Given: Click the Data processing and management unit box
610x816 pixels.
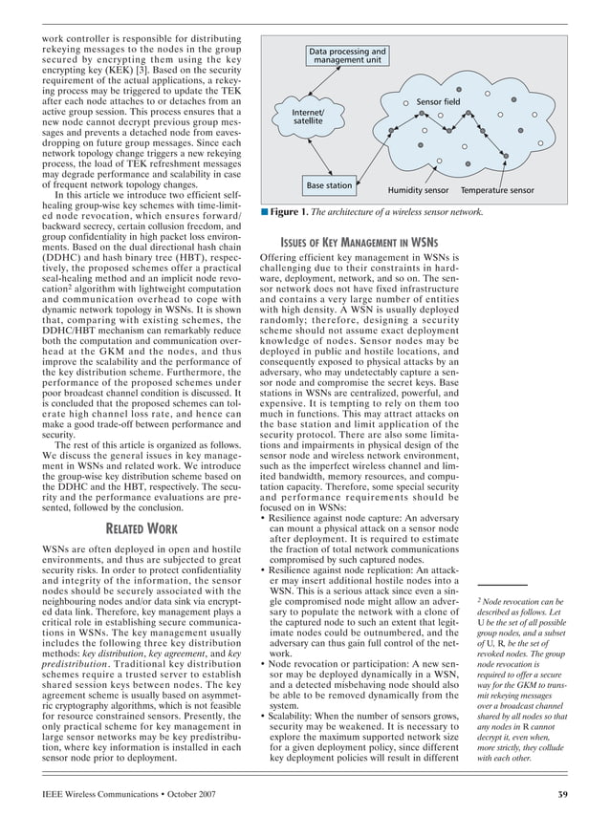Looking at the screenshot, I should tap(347, 56).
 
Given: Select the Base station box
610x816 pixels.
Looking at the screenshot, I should tap(328, 184).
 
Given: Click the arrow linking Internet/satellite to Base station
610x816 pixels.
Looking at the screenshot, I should tap(315, 153).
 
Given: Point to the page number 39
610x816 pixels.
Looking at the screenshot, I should tap(562, 794).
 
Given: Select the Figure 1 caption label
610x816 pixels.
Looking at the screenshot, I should tap(287, 212).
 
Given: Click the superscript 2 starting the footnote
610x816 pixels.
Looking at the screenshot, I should tap(478, 601).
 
